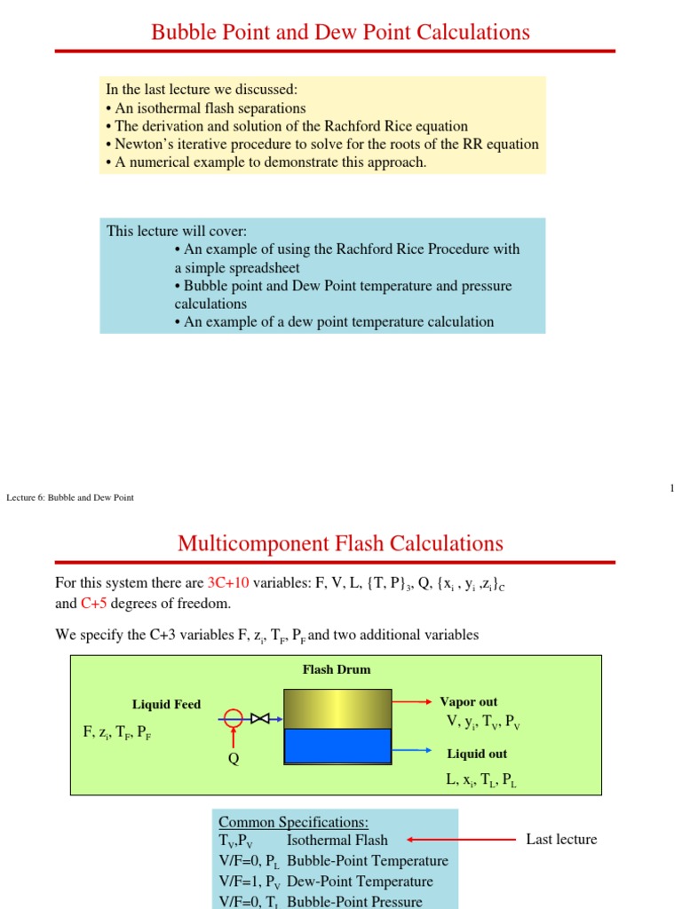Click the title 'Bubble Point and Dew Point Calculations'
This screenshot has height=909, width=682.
340,33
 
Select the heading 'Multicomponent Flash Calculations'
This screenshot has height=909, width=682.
340,543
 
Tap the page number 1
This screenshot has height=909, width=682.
672,488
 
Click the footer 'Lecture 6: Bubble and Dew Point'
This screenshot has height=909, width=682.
70,497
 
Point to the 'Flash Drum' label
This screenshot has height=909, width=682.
337,669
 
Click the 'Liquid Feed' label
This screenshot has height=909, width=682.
166,705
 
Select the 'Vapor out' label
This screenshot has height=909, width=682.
469,702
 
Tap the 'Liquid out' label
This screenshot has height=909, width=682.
477,754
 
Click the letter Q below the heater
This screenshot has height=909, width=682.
234,758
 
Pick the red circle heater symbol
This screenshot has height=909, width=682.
234,718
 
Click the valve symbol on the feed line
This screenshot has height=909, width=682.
260,718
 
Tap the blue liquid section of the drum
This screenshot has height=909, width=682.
337,746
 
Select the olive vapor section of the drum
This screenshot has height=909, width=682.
337,708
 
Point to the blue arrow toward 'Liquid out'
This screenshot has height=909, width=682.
412,750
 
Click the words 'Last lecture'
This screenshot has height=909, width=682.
561,839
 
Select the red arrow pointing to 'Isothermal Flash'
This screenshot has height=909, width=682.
461,839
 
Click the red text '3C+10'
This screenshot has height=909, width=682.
228,583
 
